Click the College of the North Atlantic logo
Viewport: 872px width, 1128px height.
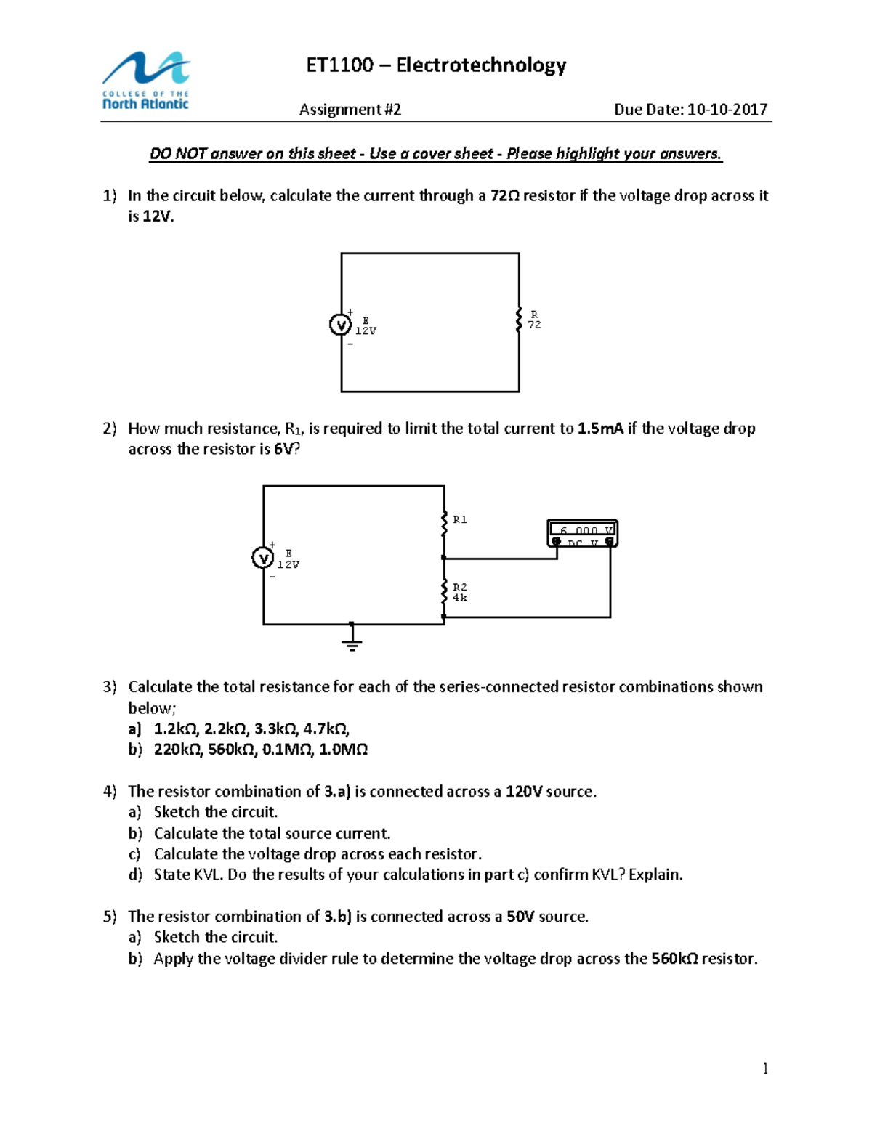pyautogui.click(x=146, y=81)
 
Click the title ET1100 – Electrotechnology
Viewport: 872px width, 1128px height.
pyautogui.click(x=436, y=65)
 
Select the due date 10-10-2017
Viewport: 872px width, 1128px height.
pyautogui.click(x=727, y=110)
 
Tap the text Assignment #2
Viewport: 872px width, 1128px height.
pyautogui.click(x=350, y=110)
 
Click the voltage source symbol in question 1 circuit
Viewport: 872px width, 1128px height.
pyautogui.click(x=340, y=325)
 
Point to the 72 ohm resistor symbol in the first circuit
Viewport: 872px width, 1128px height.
pyautogui.click(x=519, y=320)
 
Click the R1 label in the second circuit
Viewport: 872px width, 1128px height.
pyautogui.click(x=460, y=520)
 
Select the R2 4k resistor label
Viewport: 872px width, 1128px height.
pyautogui.click(x=460, y=593)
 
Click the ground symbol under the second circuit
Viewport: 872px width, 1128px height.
pyautogui.click(x=352, y=639)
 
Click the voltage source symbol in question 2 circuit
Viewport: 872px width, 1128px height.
pyautogui.click(x=262, y=558)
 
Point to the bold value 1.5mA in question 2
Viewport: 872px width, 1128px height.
pyautogui.click(x=600, y=429)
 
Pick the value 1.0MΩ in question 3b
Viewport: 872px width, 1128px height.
pyautogui.click(x=343, y=750)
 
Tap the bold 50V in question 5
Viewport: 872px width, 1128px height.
pyautogui.click(x=520, y=917)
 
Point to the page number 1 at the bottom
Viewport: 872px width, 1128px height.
pyautogui.click(x=765, y=1068)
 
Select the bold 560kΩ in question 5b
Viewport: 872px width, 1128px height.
pyautogui.click(x=674, y=959)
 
